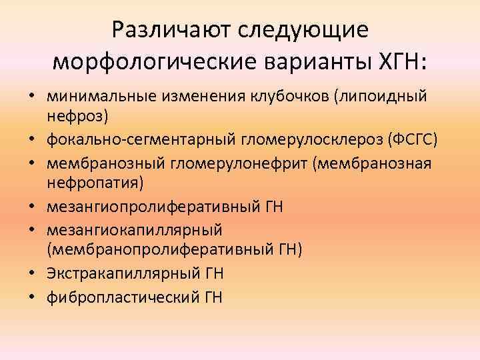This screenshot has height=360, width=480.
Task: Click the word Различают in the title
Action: (166, 30)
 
